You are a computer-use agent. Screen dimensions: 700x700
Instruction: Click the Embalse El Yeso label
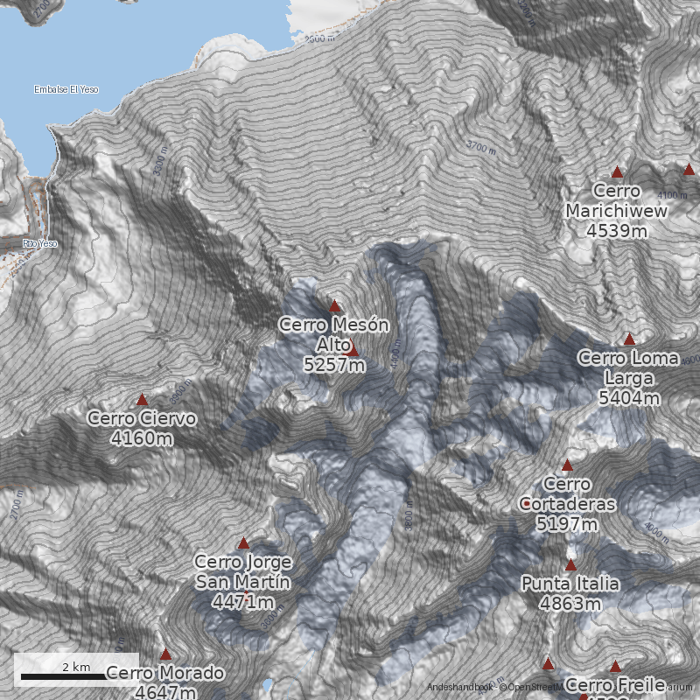coord(66,89)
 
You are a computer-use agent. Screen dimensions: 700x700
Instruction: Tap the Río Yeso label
coord(40,243)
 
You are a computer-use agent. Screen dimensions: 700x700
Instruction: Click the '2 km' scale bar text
coord(76,668)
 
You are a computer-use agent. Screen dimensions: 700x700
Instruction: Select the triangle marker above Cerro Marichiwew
coord(618,172)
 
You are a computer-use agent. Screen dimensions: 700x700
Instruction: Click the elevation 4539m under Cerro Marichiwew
coord(617,231)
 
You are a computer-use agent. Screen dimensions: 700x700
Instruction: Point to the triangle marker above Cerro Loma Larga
coord(629,339)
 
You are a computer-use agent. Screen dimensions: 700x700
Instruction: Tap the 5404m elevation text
coord(629,398)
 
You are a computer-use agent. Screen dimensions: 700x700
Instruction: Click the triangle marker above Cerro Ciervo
coord(142,400)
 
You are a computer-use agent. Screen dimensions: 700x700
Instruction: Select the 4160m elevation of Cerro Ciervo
coord(142,437)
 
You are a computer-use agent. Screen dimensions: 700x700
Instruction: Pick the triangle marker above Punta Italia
coord(570,565)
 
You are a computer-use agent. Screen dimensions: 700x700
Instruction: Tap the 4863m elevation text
coord(570,604)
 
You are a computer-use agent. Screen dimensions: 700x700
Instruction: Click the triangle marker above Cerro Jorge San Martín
coord(243,543)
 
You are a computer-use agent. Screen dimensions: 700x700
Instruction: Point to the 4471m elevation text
coord(243,602)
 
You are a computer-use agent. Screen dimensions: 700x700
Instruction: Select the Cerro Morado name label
coord(165,674)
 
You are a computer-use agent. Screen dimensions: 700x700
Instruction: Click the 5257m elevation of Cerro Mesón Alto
coord(334,364)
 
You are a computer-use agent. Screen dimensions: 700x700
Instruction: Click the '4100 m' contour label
coord(672,194)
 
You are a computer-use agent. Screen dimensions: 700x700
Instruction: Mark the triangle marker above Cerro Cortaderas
coord(567,465)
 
